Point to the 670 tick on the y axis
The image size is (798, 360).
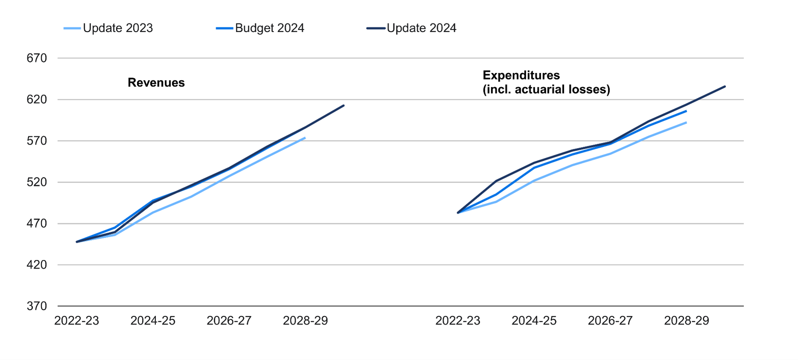37,58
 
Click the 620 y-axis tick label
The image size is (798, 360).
37,99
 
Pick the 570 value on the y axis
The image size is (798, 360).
37,141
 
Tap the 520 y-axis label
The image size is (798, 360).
37,182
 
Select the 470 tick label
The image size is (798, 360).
37,224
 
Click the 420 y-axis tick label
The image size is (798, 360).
37,265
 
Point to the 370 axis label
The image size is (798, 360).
37,306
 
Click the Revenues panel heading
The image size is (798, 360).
156,83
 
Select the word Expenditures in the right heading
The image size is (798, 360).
521,75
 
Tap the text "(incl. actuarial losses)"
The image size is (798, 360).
546,90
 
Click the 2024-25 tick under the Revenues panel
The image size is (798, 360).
153,321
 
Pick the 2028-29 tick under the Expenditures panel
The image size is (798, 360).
686,321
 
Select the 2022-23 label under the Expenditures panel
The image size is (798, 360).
457,321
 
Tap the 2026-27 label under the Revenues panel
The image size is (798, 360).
229,321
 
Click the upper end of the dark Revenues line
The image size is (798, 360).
344,105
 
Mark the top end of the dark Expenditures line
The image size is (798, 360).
725,87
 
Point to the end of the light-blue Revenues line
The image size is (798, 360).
305,138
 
